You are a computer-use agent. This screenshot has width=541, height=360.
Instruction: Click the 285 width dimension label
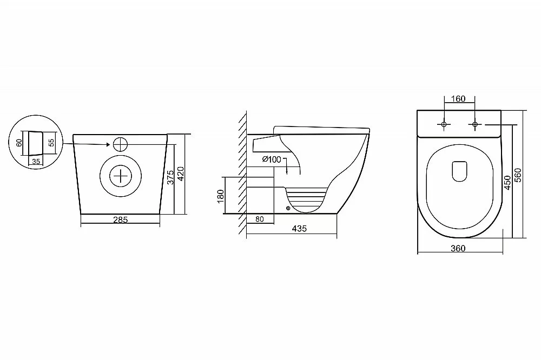pos(121,219)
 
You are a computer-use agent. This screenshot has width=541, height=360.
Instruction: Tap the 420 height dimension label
pos(181,174)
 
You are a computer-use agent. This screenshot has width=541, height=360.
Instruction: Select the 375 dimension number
pos(170,177)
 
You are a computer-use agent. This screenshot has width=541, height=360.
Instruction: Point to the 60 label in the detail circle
pos(19,142)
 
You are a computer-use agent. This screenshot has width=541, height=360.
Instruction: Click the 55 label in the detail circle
pos(51,142)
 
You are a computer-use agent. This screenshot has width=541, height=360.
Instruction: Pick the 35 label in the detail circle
pos(36,162)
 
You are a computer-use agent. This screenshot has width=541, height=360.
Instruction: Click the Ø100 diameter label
pos(272,159)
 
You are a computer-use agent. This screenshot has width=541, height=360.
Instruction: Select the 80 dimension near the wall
pos(260,219)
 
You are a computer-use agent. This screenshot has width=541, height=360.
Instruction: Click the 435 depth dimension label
pos(299,228)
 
